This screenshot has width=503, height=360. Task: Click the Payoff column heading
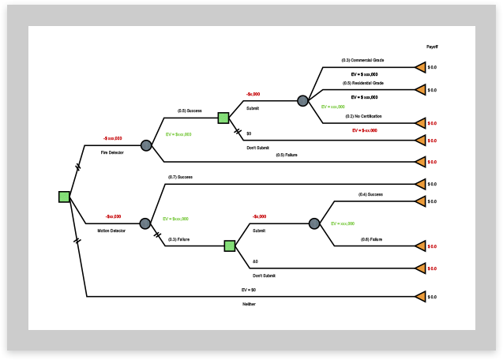432,47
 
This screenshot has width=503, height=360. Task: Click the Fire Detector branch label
112,152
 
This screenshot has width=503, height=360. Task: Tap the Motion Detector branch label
112,231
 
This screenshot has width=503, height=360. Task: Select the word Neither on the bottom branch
249,304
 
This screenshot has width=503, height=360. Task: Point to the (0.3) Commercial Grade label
362,60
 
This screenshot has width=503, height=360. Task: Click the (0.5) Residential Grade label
362,83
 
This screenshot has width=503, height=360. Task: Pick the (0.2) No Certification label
363,116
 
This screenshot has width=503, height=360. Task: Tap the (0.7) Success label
180,177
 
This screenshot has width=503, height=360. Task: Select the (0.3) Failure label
178,238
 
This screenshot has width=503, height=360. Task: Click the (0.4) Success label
370,194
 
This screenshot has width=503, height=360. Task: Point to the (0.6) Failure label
371,238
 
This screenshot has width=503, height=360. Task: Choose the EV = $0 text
249,290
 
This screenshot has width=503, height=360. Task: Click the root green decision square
64,197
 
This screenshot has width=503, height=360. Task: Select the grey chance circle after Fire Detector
146,145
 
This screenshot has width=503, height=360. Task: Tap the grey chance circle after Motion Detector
145,223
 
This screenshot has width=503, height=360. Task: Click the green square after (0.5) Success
223,118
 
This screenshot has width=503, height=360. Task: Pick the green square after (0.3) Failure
230,246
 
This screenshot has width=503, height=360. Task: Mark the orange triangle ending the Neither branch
421,297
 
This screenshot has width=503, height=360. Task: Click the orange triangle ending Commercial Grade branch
421,68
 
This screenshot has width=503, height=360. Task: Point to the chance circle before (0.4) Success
314,223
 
